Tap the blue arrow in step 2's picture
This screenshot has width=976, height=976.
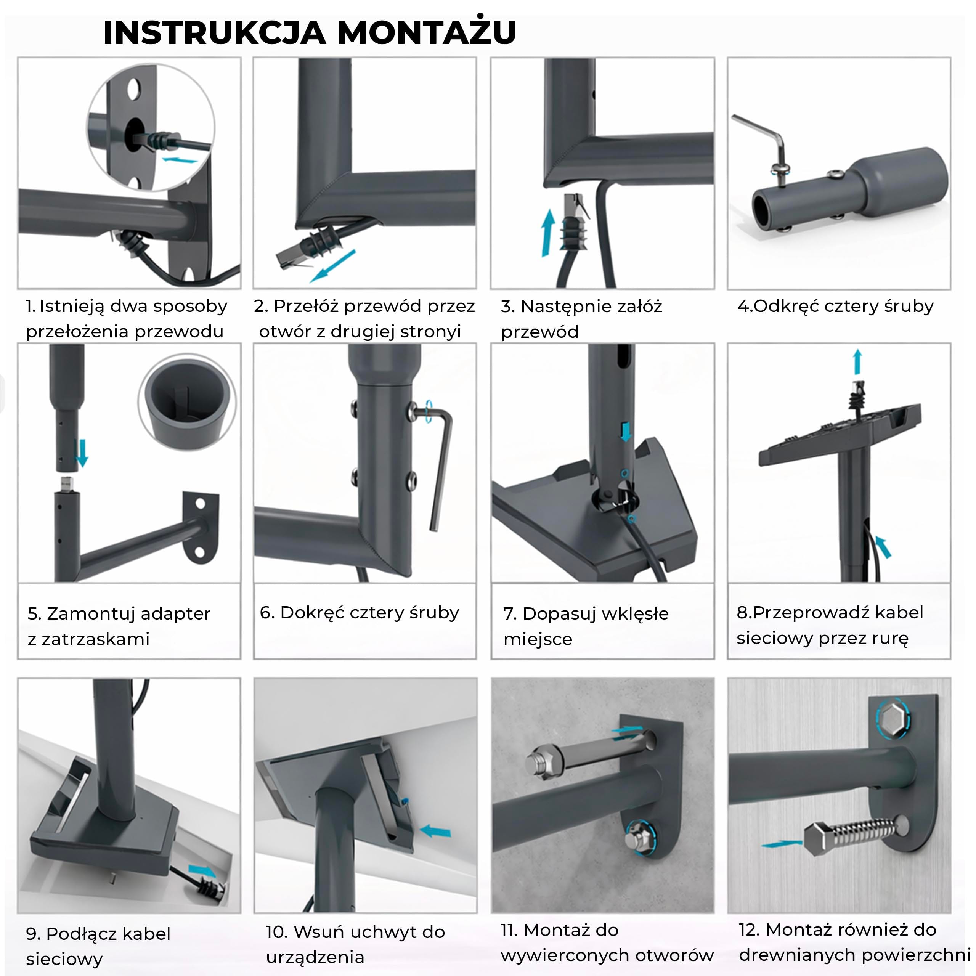[332, 266]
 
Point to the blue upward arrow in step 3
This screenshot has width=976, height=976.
[547, 233]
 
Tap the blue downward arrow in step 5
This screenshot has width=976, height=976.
[81, 453]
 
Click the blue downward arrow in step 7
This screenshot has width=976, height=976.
[626, 432]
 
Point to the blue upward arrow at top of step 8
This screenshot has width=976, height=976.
[857, 362]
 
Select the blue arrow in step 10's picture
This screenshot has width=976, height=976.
[435, 831]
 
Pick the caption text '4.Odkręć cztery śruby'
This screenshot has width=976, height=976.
[836, 306]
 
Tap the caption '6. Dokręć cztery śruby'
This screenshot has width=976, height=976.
[359, 613]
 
